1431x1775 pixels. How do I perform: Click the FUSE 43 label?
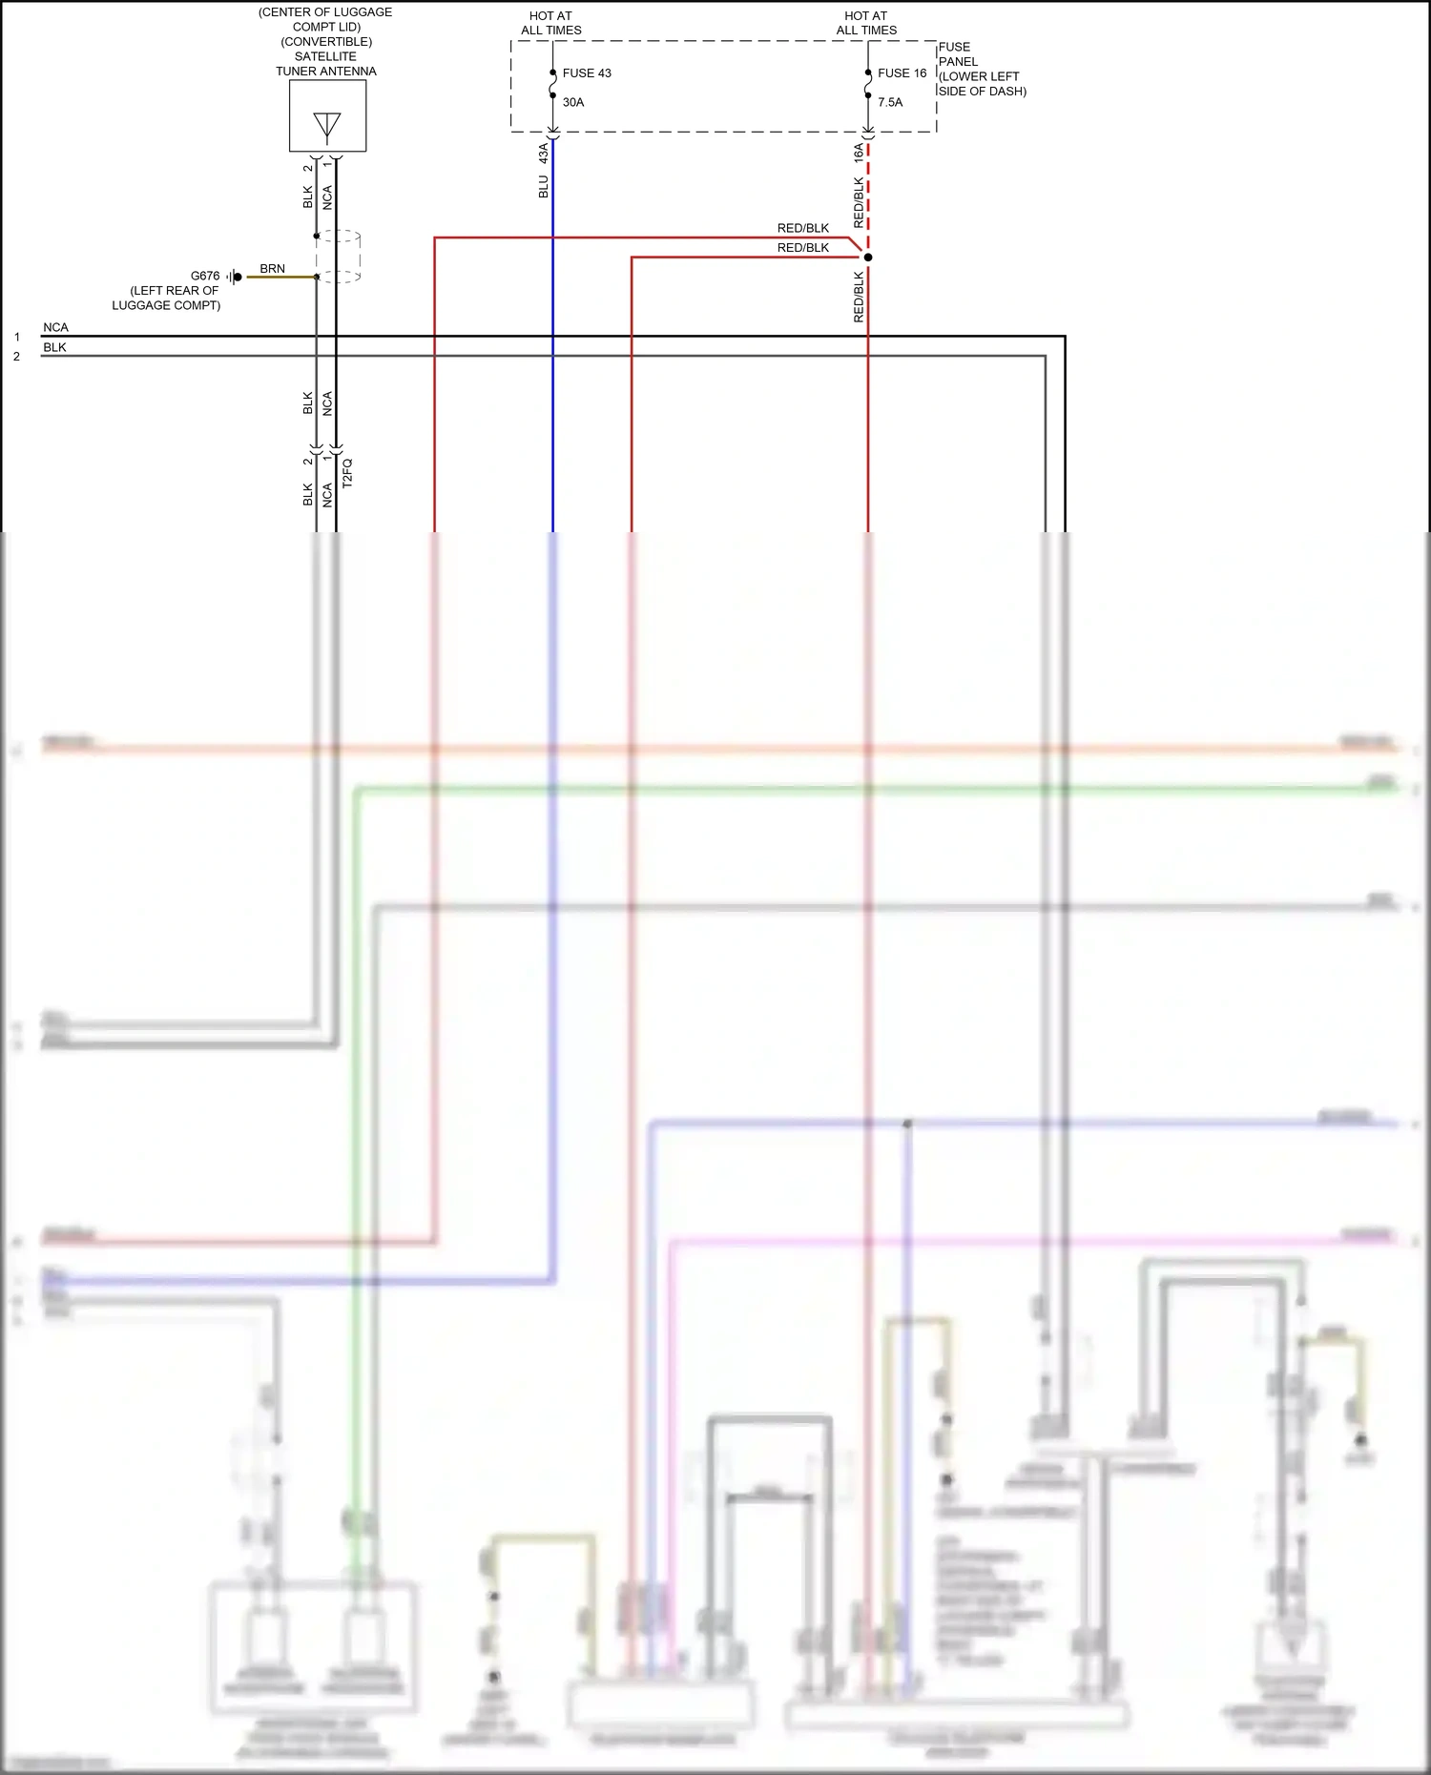tap(587, 73)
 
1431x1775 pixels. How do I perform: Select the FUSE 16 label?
tap(902, 73)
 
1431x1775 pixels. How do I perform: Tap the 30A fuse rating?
tap(573, 102)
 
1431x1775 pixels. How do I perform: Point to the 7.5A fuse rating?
tap(890, 102)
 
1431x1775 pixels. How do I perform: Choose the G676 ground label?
tap(205, 276)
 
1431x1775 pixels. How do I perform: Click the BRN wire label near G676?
tap(272, 269)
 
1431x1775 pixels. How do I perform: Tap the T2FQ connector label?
tap(347, 473)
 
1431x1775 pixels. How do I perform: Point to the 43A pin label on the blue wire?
tap(544, 152)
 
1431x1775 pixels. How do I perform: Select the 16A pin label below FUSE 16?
tap(859, 152)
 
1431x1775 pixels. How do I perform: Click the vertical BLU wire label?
tap(544, 186)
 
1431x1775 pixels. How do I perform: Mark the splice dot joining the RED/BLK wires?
tap(868, 257)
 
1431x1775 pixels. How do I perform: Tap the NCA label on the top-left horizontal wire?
tap(55, 327)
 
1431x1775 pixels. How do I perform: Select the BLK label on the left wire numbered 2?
tap(54, 347)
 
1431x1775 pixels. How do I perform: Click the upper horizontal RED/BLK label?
tap(803, 228)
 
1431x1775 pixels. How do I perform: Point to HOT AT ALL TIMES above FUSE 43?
tap(551, 23)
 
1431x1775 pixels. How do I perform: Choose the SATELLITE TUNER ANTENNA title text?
tap(326, 64)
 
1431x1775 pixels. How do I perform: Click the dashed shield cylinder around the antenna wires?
tap(338, 256)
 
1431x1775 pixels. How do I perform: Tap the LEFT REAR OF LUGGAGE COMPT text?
tap(168, 298)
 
